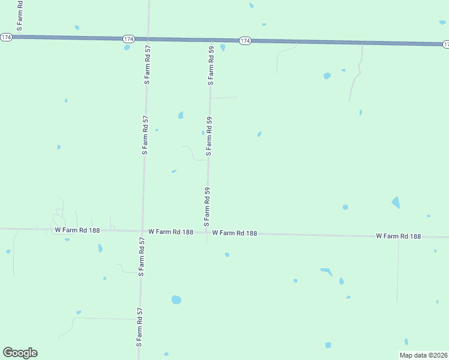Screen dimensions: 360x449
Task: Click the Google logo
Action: click(20, 353)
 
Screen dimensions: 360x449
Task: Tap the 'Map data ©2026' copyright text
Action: click(423, 355)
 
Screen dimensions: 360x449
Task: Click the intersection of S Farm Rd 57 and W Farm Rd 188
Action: click(142, 230)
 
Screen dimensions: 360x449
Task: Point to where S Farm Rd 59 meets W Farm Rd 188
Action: click(208, 232)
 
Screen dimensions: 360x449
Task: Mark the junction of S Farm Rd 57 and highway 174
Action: click(148, 38)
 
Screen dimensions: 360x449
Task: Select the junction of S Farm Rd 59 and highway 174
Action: click(212, 40)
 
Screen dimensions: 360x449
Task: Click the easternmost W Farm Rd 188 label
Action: click(399, 236)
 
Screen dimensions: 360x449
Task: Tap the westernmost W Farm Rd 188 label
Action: click(77, 230)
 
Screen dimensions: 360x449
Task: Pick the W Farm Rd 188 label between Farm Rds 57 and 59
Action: click(170, 231)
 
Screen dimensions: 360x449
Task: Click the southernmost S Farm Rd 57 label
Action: click(139, 328)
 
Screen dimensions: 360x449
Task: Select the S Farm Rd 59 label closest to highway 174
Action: click(211, 65)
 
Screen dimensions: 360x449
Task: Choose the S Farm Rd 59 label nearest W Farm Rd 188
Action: click(206, 206)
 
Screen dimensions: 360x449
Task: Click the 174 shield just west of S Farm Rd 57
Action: click(128, 38)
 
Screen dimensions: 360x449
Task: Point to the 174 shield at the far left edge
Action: click(6, 37)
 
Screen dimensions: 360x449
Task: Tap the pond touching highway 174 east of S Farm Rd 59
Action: click(223, 47)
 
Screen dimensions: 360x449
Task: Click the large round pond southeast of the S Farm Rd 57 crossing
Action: click(176, 299)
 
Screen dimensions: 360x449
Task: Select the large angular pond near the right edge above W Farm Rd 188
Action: click(396, 202)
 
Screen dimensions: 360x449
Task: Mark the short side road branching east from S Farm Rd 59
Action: click(224, 97)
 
